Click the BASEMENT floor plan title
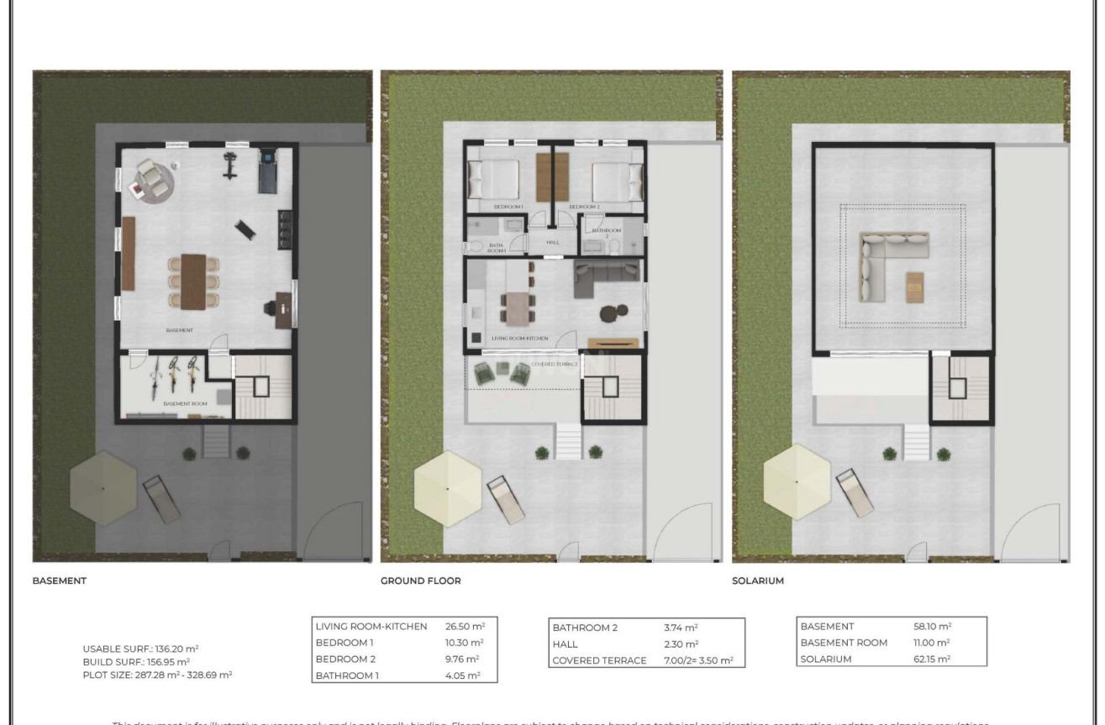[60, 581]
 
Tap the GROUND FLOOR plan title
[421, 581]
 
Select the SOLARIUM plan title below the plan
[758, 581]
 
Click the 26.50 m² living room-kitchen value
[465, 627]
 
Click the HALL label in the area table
[565, 644]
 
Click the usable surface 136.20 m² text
[140, 649]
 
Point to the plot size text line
[157, 675]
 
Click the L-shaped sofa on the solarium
[882, 260]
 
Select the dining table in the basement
[193, 280]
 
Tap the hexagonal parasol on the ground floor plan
[447, 488]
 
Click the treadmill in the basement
[268, 170]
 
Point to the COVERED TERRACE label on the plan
[555, 365]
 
